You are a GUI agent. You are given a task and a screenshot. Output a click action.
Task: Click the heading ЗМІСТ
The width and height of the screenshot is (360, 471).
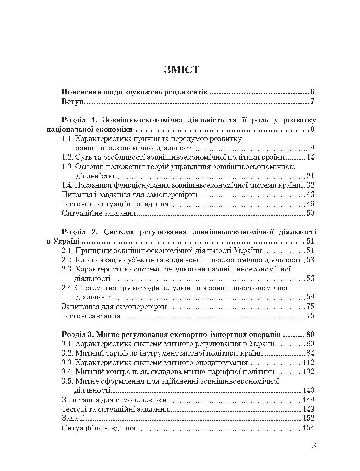[x=181, y=70]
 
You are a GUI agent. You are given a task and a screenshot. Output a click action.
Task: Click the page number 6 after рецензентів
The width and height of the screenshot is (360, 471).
[x=312, y=92]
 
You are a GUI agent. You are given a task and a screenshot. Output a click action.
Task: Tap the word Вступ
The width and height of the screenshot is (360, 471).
[x=72, y=101]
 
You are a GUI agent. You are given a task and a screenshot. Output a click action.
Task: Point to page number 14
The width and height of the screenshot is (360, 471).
[x=310, y=157]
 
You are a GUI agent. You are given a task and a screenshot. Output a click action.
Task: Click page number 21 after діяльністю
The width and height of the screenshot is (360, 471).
[x=310, y=176]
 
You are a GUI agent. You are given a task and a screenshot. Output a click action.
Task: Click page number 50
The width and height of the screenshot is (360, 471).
[x=310, y=213]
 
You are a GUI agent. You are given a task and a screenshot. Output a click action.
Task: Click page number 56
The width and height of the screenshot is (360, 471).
[x=310, y=278]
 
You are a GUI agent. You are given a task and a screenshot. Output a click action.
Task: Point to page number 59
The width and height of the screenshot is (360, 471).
[x=310, y=297]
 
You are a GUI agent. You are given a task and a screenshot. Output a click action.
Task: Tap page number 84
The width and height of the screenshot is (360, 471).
[x=310, y=353]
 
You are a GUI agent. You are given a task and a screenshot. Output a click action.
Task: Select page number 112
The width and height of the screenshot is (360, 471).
[x=308, y=363]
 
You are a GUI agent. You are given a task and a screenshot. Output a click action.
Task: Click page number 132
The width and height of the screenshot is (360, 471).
[x=308, y=372]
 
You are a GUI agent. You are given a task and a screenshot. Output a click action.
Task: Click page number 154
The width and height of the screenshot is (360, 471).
[x=308, y=428]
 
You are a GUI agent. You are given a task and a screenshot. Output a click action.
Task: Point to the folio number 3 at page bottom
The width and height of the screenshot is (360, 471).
[x=313, y=446]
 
